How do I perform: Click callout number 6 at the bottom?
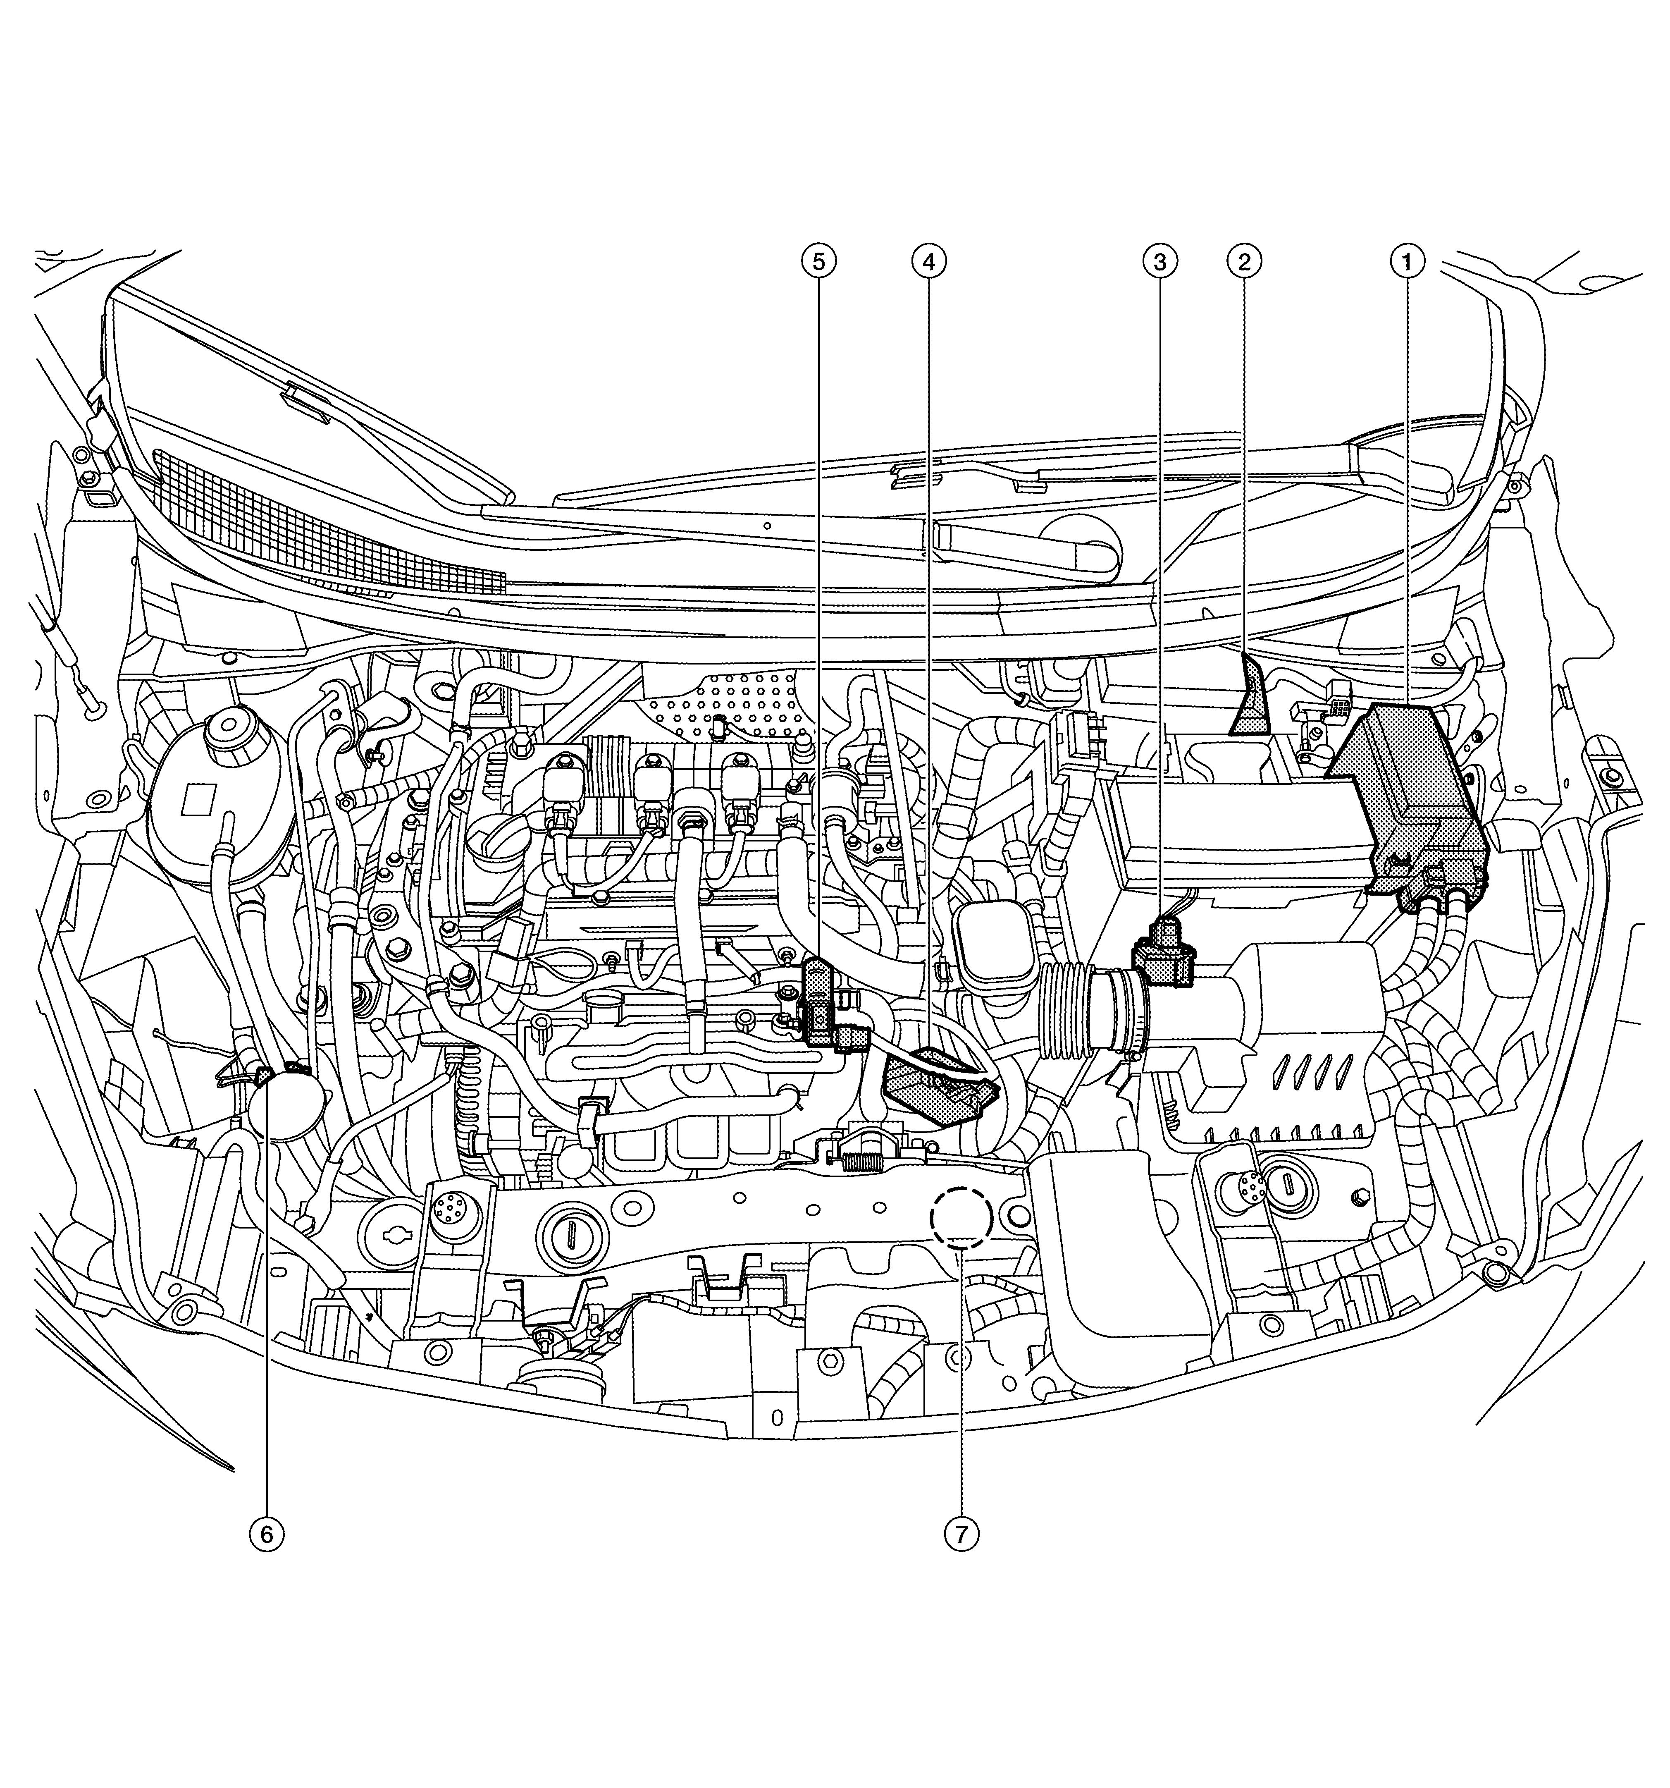pyautogui.click(x=266, y=1535)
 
